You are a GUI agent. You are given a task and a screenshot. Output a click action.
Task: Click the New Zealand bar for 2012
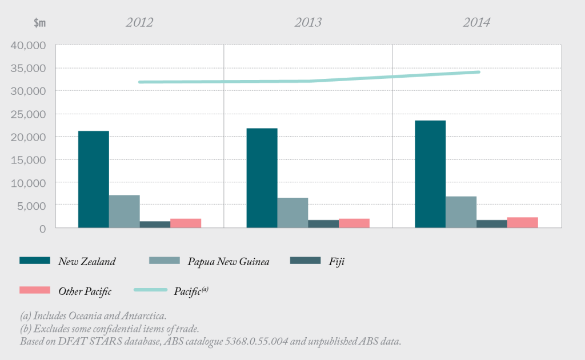[93, 179]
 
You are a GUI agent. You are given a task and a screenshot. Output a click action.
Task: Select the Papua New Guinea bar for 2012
[124, 211]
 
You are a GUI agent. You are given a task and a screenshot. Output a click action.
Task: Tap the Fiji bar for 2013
[323, 223]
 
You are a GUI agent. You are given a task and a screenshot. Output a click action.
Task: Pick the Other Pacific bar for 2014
[522, 222]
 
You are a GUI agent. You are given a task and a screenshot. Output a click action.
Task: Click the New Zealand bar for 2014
[430, 174]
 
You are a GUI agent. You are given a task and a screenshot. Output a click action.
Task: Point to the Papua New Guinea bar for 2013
[292, 213]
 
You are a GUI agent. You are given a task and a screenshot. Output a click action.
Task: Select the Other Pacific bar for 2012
[186, 223]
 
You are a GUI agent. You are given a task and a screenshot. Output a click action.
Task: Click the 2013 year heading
[308, 22]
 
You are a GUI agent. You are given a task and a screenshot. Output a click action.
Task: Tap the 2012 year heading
[139, 22]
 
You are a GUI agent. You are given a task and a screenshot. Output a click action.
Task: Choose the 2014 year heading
[476, 22]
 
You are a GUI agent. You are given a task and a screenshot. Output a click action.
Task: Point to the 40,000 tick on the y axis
[28, 45]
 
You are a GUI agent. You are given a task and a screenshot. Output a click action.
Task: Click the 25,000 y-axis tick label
[28, 114]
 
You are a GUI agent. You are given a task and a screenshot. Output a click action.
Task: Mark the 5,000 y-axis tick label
[33, 205]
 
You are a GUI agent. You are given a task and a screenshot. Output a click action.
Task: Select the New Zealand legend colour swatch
[35, 261]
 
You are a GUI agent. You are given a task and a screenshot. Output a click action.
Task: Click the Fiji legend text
[337, 261]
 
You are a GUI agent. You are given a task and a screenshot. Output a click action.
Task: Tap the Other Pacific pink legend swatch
[35, 290]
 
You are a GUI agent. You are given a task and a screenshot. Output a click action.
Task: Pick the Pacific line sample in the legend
[150, 290]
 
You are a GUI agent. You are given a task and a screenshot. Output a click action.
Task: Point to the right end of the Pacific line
[478, 72]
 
